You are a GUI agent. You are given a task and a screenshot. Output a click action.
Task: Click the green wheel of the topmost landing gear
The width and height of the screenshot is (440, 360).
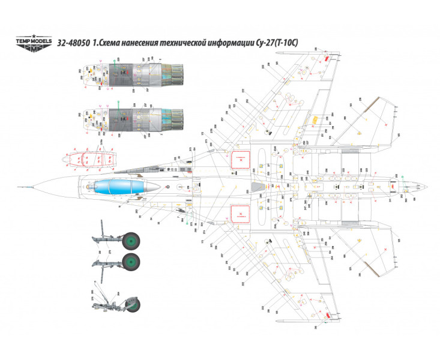pos(131,241)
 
